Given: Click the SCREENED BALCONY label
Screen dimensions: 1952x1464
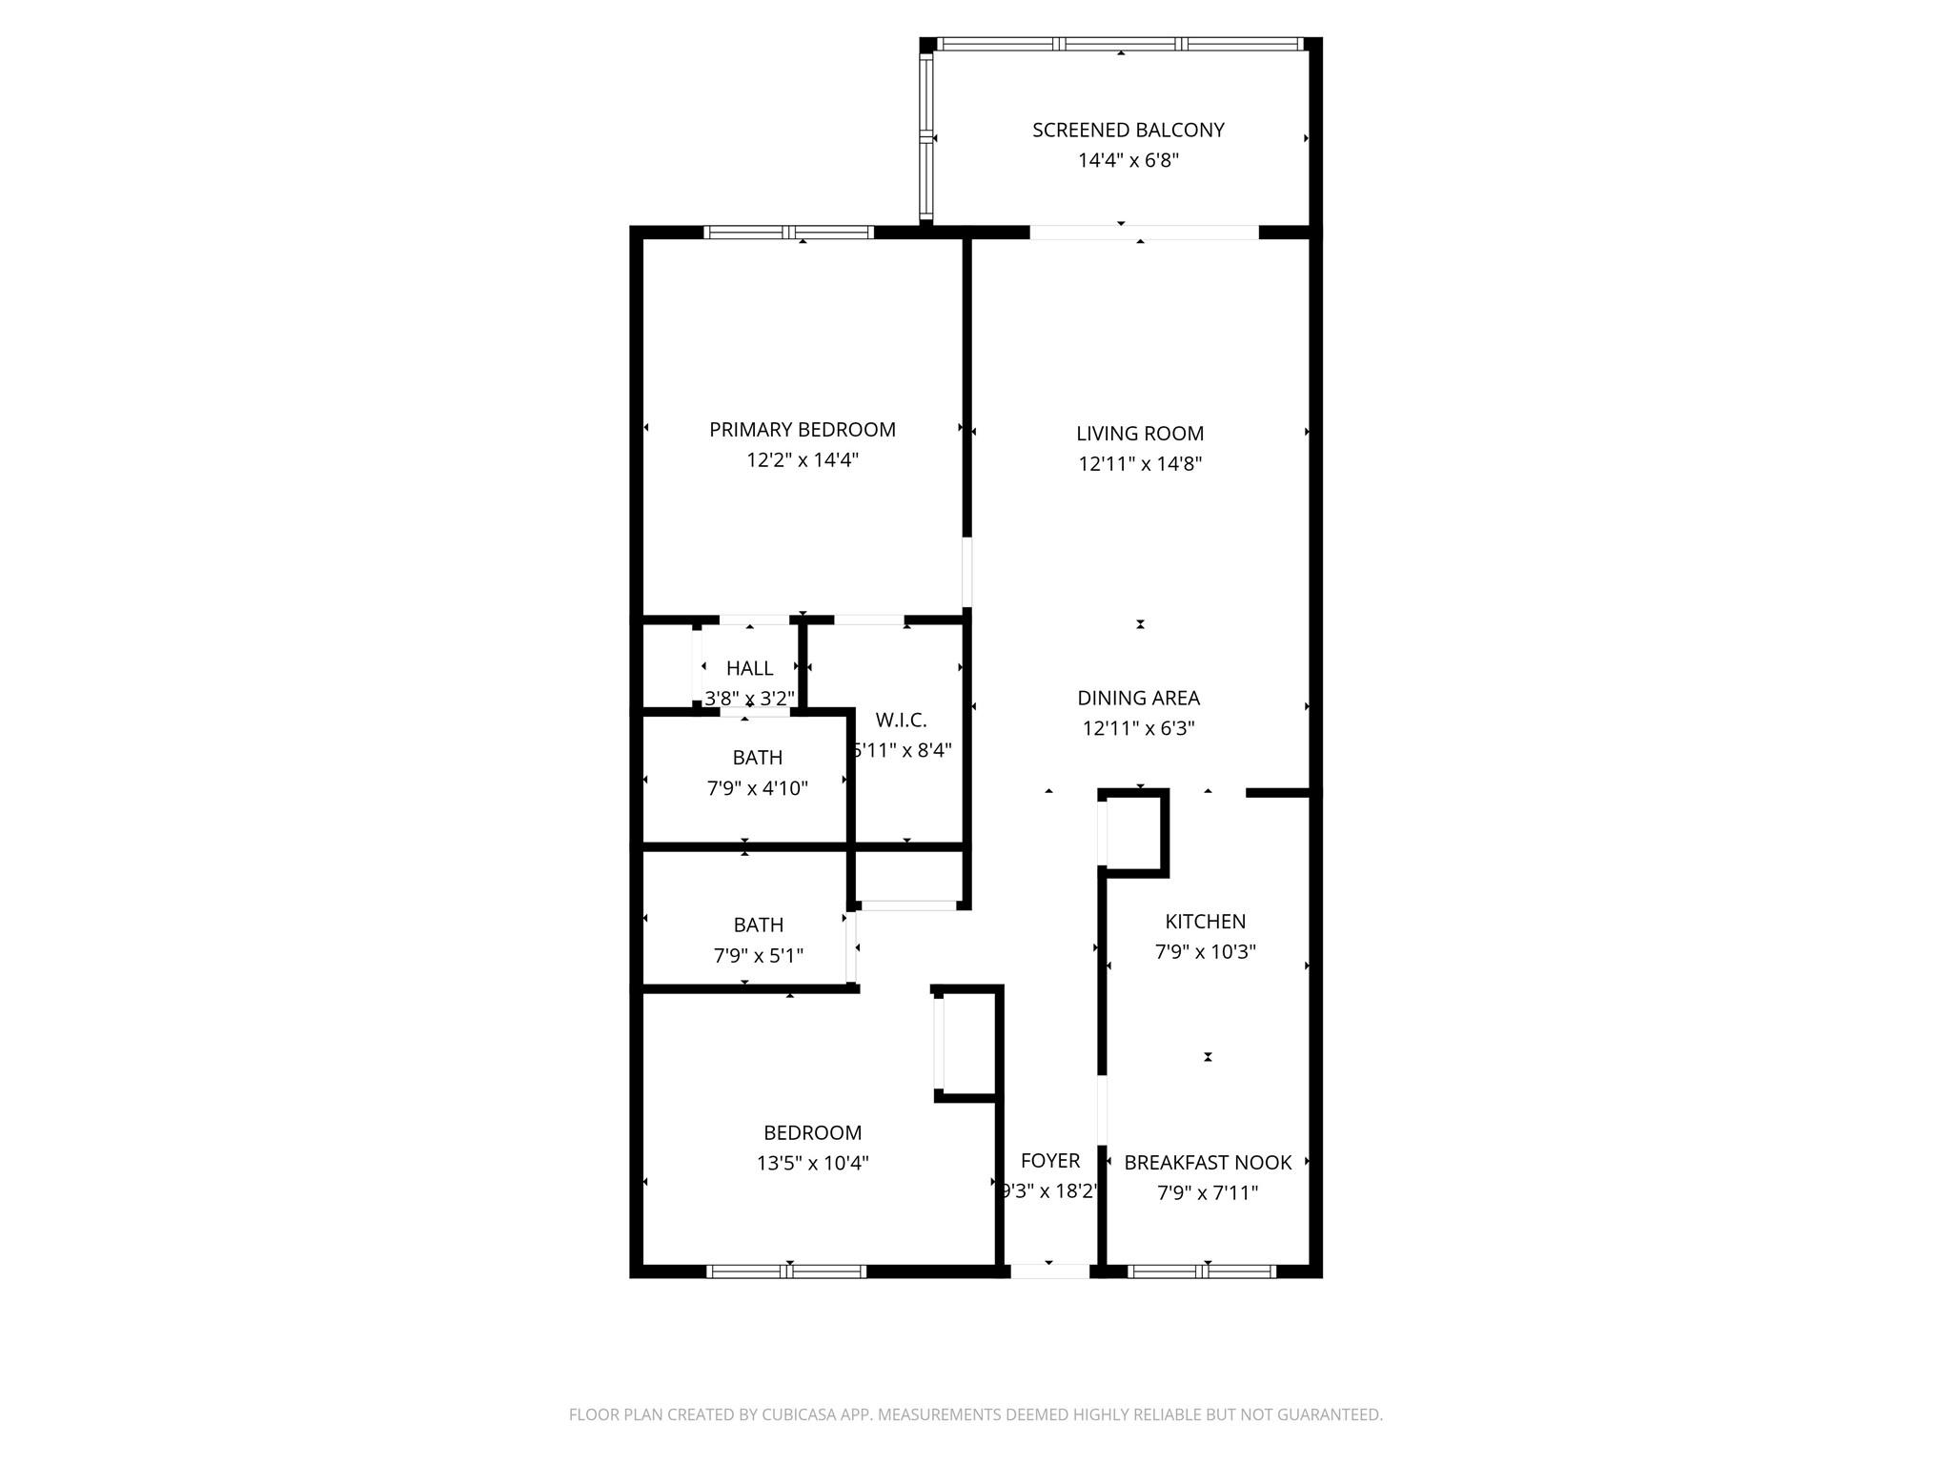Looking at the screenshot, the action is [1128, 131].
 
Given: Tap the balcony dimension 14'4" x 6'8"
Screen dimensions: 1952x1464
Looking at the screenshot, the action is [1128, 160].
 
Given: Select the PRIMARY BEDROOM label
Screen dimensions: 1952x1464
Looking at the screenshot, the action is [803, 430].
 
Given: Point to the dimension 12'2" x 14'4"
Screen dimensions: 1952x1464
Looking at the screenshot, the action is [803, 460].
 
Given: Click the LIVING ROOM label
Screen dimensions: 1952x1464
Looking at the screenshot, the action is [1140, 434].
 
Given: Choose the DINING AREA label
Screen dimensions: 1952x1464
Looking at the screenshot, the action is [1138, 698].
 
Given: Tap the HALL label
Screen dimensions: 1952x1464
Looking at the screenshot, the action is [749, 668].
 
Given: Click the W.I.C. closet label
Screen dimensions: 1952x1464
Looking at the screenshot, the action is [901, 721].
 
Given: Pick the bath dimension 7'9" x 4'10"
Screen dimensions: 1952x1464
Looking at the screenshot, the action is [758, 788].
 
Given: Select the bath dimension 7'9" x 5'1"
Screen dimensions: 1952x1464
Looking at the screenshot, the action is [759, 955].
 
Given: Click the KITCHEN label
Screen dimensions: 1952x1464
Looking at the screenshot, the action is [1206, 922].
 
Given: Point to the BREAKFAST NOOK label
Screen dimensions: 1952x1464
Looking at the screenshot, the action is [1208, 1163].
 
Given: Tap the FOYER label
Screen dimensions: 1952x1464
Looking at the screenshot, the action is [1050, 1161].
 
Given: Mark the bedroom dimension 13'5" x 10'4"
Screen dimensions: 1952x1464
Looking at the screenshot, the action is [813, 1164].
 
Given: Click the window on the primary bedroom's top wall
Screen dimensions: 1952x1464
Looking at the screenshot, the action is [789, 232].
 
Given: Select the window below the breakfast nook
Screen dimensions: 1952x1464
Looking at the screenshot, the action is [1202, 1271].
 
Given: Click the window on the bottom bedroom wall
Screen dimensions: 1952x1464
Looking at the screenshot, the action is [786, 1271].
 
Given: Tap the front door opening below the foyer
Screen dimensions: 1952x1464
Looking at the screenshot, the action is [1049, 1271].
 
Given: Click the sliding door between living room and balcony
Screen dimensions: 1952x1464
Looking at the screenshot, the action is [1144, 232].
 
